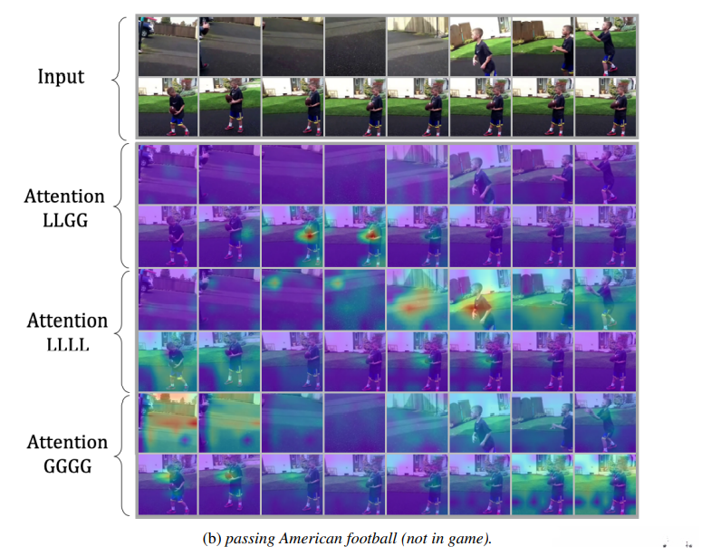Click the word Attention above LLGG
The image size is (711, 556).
coord(62,196)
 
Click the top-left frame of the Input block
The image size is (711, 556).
coord(168,45)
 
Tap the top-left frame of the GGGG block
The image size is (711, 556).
coord(168,423)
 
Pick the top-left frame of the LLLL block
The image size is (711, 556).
coord(168,298)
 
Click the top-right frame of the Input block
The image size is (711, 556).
coord(605,45)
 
